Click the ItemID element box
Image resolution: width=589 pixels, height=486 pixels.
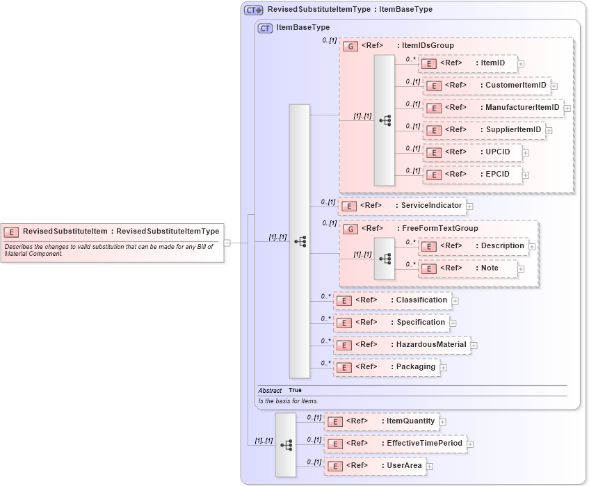(467, 63)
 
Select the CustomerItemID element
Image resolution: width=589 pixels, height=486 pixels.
(487, 86)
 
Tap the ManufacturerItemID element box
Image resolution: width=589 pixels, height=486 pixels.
(493, 108)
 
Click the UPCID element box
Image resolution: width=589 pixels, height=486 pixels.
(471, 152)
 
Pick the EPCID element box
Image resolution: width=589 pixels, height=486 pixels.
(471, 175)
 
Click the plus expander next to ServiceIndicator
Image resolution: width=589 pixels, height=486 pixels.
(470, 206)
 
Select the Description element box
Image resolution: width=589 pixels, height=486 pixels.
(473, 246)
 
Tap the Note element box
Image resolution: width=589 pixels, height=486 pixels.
(467, 268)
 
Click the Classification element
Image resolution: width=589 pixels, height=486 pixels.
(392, 300)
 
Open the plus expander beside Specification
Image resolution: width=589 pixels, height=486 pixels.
(453, 323)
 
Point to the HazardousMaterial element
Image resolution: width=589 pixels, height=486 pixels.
(401, 345)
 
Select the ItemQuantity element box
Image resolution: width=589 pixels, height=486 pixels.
(382, 421)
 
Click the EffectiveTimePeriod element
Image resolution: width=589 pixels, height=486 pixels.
(394, 444)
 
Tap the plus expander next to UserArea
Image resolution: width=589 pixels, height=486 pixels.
(430, 467)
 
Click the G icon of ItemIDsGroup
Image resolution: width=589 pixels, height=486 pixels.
(352, 46)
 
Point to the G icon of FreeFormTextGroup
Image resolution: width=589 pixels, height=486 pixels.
(352, 229)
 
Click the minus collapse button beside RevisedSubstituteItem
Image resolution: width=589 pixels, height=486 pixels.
(227, 243)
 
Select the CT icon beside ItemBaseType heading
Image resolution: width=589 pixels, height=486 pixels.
(265, 29)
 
